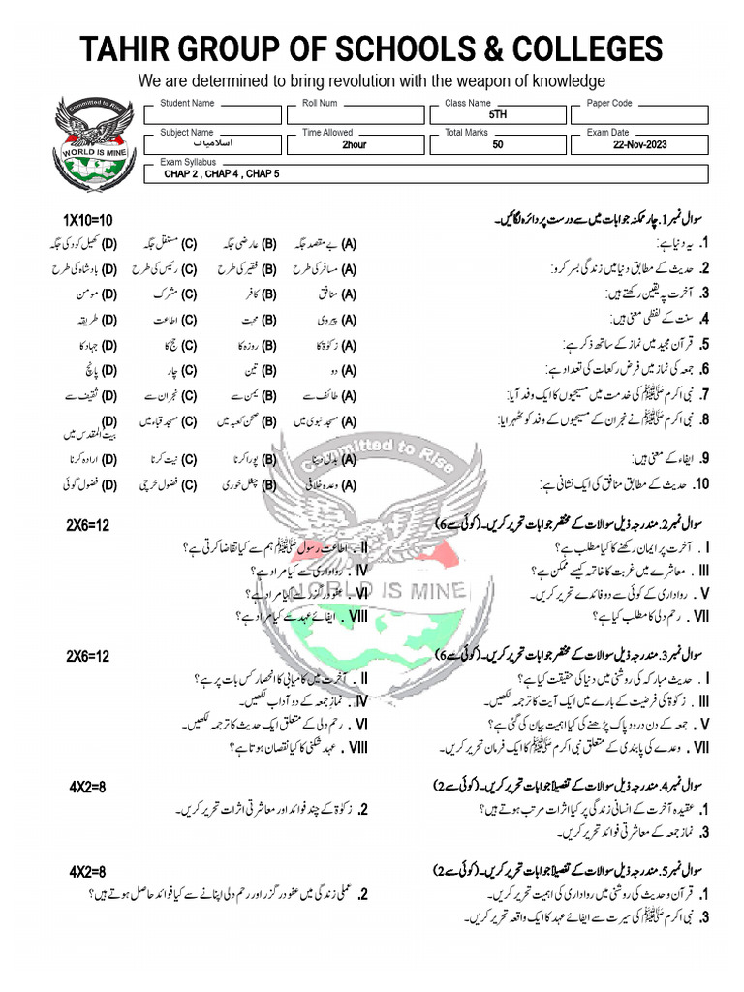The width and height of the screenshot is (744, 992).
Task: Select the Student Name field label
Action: [x=187, y=103]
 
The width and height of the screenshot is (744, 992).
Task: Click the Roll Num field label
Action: [x=320, y=103]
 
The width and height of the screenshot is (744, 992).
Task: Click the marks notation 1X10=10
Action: [x=88, y=221]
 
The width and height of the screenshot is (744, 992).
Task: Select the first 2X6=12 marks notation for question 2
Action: [x=88, y=525]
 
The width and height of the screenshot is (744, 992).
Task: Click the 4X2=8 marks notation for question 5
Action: [x=87, y=872]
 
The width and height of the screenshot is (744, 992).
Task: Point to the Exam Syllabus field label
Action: [x=188, y=162]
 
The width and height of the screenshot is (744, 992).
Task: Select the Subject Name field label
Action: [x=187, y=133]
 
